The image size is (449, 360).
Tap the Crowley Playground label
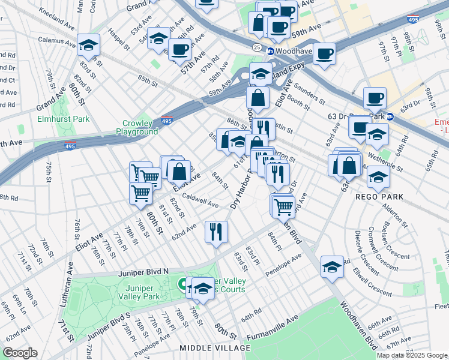(x=137, y=127)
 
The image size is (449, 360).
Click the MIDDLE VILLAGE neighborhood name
(x=215, y=349)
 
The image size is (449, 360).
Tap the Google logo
(x=19, y=353)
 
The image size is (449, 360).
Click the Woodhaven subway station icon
(x=271, y=51)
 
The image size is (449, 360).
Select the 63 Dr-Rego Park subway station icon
(x=390, y=116)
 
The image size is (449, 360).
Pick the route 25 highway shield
(x=256, y=47)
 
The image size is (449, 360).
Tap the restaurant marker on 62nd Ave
(x=216, y=231)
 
